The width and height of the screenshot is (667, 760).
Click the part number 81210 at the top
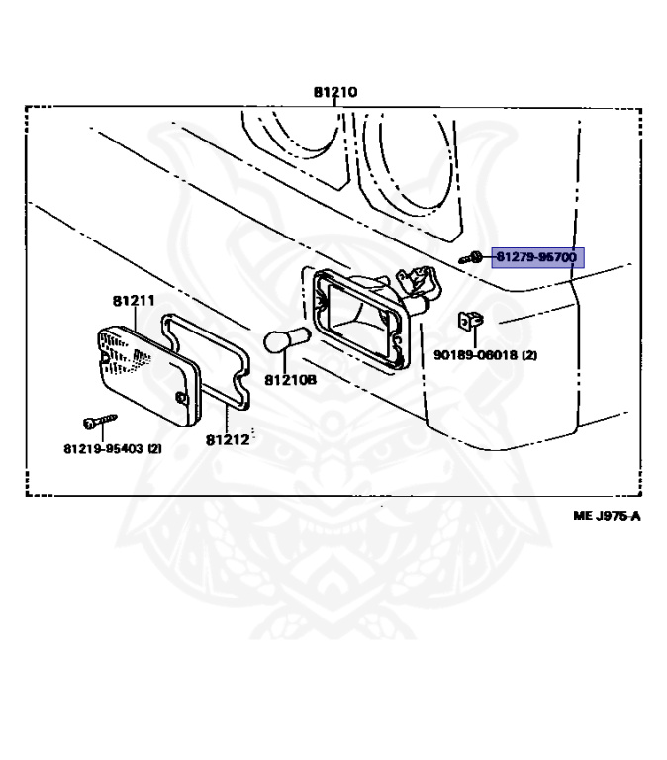point(335,92)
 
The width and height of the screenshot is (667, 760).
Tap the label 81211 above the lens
point(133,300)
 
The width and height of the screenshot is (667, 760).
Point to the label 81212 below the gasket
point(227,439)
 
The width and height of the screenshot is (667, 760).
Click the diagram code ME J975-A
point(607,516)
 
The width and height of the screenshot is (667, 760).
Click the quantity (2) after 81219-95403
point(154,449)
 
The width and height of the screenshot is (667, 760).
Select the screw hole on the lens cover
point(180,397)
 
